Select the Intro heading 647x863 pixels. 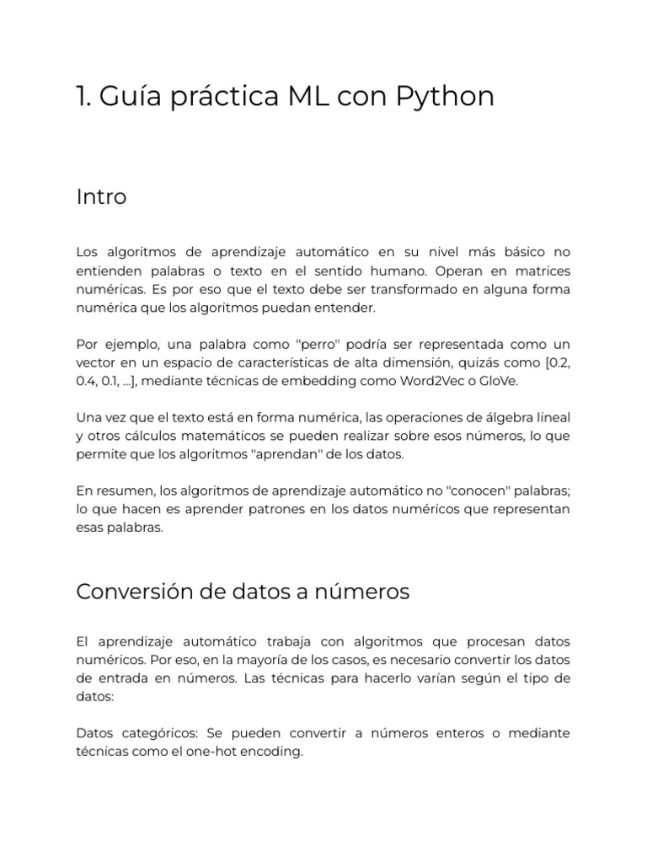tap(101, 197)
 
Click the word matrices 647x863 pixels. tap(540, 271)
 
